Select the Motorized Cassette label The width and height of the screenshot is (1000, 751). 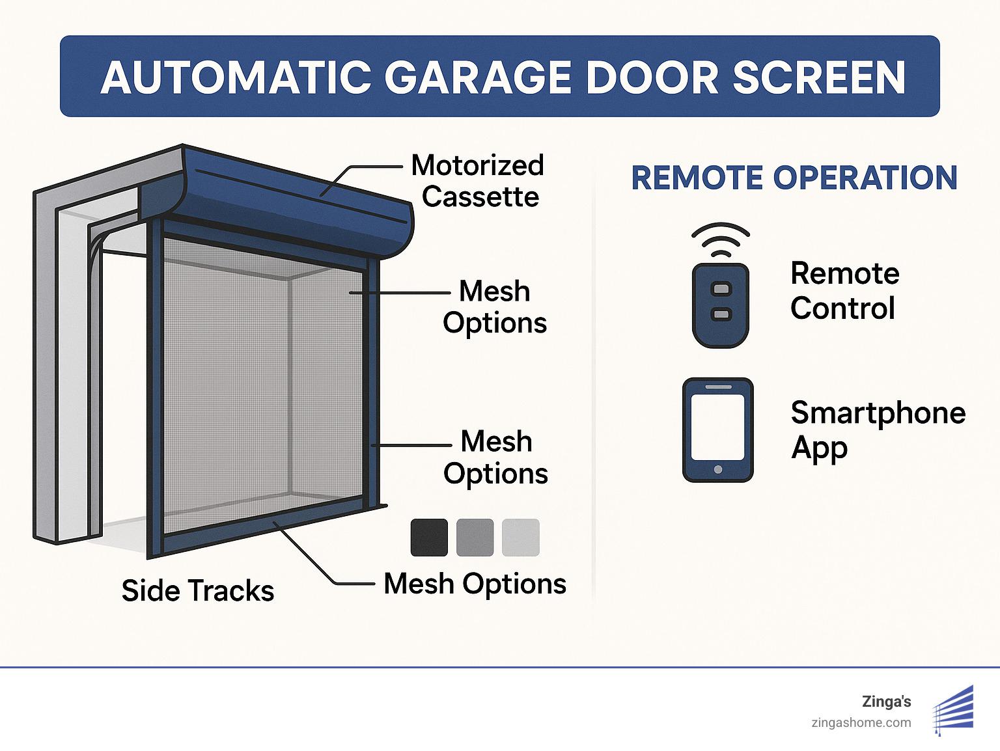tap(479, 181)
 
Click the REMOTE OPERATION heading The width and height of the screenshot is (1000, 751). tap(794, 178)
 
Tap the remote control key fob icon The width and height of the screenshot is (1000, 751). tap(720, 304)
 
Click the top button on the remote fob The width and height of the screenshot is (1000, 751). tap(721, 288)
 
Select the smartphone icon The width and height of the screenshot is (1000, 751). tap(717, 430)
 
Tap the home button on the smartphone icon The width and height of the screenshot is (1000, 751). tap(717, 469)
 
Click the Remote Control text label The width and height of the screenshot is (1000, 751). tap(844, 290)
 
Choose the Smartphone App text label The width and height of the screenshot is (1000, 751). tap(877, 430)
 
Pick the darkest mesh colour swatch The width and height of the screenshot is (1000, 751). tap(429, 538)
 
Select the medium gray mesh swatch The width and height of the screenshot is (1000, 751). tap(475, 538)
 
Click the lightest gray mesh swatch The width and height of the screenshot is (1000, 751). tap(521, 538)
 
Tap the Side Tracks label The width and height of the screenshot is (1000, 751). tap(197, 590)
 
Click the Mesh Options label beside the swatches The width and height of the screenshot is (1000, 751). tap(475, 584)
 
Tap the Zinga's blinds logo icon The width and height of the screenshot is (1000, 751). tap(954, 710)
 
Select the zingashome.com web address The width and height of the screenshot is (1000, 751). tap(861, 722)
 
